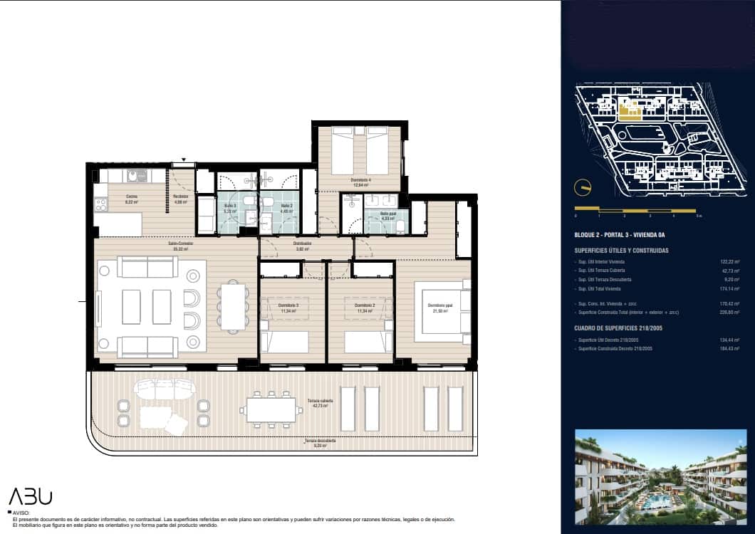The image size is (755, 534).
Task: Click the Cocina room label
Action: click(x=131, y=198)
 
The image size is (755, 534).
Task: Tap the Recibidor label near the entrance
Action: click(x=180, y=198)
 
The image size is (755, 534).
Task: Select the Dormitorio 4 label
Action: click(x=360, y=182)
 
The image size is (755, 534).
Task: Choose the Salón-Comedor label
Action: click(x=181, y=245)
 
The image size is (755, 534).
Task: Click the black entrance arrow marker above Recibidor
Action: click(x=184, y=160)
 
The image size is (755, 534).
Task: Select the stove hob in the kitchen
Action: click(x=100, y=204)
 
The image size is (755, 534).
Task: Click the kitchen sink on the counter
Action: click(x=134, y=175)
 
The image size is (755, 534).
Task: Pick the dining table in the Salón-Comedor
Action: click(x=232, y=306)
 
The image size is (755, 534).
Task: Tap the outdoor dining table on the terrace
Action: click(x=270, y=409)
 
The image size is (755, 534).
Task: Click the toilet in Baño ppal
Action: click(x=400, y=226)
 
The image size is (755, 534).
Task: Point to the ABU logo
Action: click(x=30, y=496)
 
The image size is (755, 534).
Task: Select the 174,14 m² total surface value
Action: click(x=730, y=288)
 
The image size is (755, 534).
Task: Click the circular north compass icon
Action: click(x=582, y=187)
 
